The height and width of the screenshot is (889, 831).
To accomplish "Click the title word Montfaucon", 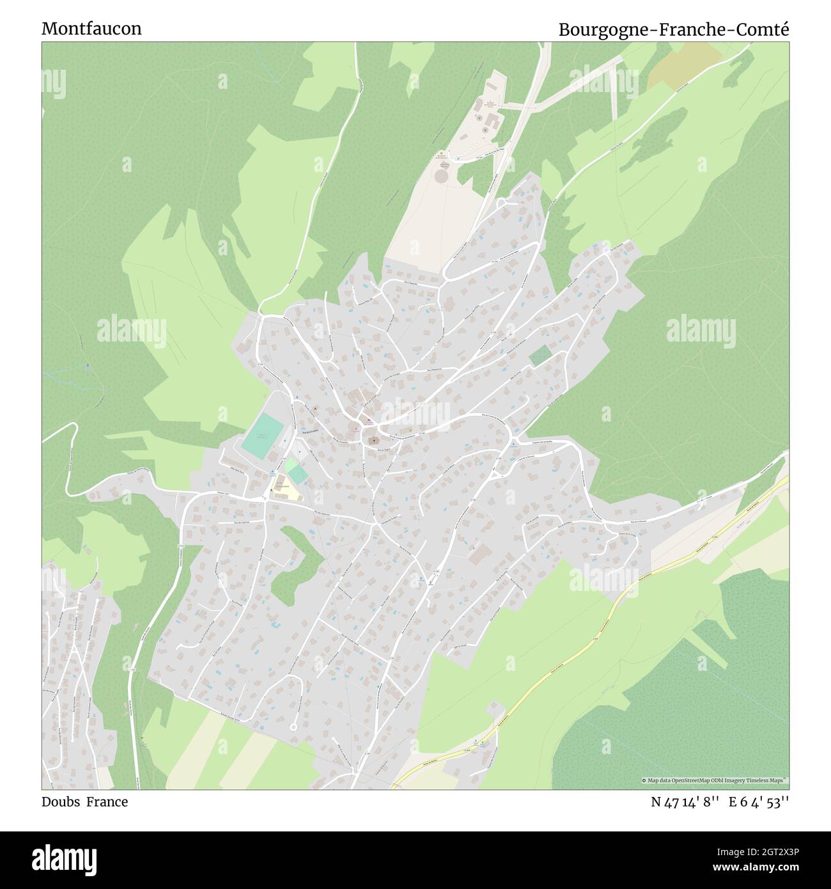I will click(91, 29).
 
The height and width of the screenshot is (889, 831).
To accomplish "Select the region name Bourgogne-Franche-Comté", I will click(674, 29).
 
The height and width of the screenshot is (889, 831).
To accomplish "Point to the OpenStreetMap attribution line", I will click(715, 780).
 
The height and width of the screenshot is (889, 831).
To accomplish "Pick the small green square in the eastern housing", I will click(540, 356).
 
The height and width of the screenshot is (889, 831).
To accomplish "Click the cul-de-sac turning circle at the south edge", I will click(293, 727).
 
